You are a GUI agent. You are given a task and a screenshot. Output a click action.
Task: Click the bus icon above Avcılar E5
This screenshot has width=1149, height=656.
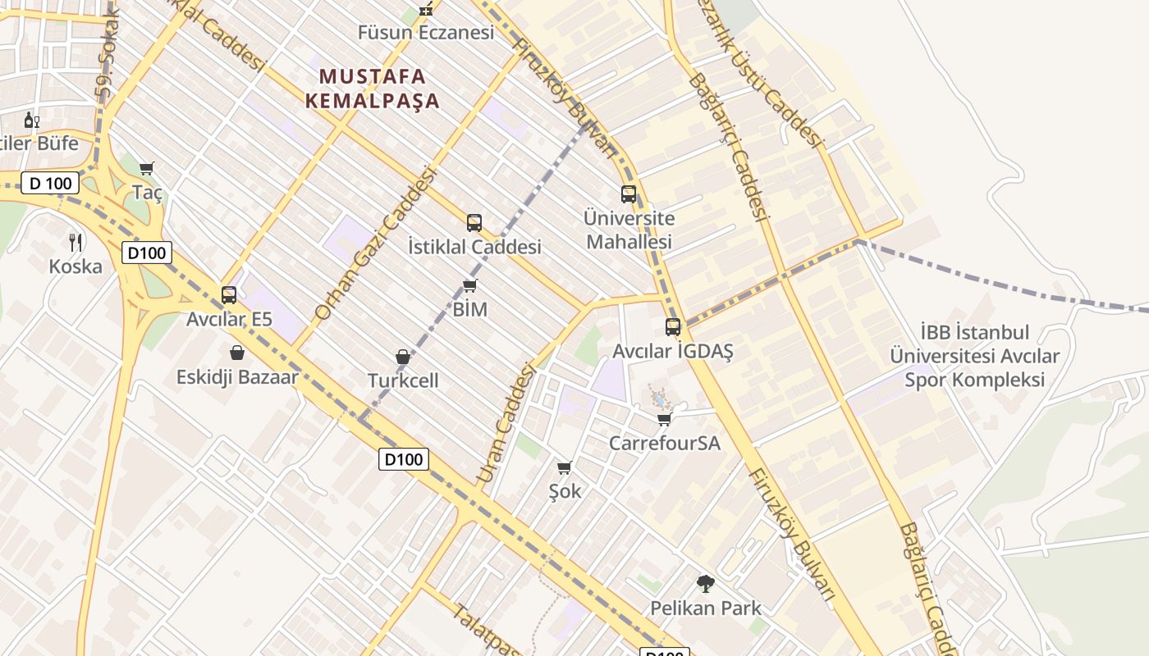(x=229, y=295)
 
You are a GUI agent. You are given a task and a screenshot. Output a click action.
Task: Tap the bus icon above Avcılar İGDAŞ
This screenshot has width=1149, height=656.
(x=673, y=327)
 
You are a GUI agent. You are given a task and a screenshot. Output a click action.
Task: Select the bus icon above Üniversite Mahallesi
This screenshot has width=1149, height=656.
(x=629, y=194)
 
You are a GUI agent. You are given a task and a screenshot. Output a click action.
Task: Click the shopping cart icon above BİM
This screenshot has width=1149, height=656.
(x=469, y=285)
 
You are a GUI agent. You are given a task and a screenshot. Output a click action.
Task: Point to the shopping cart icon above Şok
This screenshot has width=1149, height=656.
(x=564, y=467)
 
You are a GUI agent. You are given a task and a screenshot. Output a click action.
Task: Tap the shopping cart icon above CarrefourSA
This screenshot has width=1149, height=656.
(x=664, y=419)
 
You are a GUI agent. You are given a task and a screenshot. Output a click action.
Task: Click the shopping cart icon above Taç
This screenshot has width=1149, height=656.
(x=147, y=168)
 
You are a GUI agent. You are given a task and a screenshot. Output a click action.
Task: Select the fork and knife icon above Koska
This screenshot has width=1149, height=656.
(x=76, y=242)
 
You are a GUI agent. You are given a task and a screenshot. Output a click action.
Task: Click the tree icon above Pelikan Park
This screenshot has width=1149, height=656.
(x=705, y=584)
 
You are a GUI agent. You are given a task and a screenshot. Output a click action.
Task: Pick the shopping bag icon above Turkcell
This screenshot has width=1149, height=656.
(x=403, y=357)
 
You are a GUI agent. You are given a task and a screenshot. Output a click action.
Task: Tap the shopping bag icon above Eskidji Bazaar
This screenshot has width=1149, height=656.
(x=237, y=353)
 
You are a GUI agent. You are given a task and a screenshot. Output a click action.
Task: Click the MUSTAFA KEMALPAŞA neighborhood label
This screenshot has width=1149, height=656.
(x=373, y=89)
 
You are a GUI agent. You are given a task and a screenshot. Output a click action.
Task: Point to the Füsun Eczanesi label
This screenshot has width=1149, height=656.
(x=426, y=33)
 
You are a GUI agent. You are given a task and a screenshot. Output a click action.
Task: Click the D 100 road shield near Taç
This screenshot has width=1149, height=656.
(x=50, y=183)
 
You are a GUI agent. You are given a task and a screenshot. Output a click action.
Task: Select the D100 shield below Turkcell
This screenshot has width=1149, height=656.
(x=404, y=459)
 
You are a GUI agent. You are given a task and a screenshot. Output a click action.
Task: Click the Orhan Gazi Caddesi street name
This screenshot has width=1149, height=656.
(x=374, y=243)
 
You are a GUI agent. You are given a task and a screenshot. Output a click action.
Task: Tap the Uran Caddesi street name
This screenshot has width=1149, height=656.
(x=506, y=424)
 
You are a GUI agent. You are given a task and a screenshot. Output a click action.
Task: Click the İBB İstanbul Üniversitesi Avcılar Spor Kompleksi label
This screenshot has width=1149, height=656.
(x=975, y=357)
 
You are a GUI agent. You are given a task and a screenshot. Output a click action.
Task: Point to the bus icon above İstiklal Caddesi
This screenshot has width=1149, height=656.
(x=474, y=223)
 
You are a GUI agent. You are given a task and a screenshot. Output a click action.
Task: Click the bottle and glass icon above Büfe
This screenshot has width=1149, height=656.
(x=31, y=120)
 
